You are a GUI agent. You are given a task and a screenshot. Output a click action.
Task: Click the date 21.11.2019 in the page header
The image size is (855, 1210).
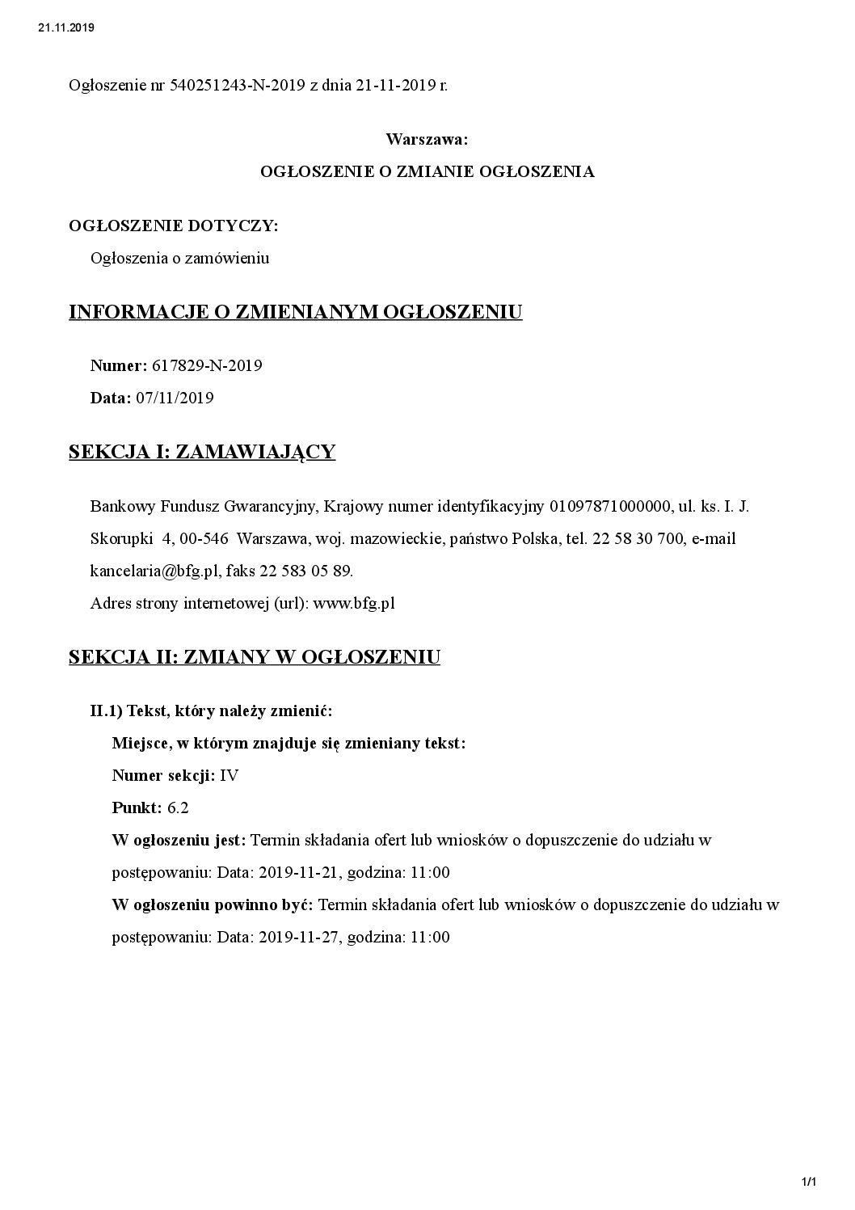(66, 27)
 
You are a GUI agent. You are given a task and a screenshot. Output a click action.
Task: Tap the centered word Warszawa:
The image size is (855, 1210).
(427, 139)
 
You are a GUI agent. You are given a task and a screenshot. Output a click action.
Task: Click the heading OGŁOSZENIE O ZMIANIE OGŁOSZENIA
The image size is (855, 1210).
(427, 171)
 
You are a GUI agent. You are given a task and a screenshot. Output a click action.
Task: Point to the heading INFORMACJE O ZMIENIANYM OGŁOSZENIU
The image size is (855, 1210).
(296, 312)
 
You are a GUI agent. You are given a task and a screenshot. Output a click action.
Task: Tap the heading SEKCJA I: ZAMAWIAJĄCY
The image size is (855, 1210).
(202, 452)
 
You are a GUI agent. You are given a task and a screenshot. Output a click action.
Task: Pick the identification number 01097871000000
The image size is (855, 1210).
(610, 507)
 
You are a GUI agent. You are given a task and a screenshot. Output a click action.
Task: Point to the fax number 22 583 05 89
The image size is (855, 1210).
(306, 571)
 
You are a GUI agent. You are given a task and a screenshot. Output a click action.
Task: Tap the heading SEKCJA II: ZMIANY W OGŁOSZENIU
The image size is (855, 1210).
(255, 657)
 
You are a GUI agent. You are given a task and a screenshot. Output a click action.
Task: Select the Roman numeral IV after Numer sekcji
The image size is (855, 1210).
(230, 776)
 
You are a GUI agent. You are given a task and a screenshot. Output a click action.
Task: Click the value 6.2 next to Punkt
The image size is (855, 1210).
(178, 808)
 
